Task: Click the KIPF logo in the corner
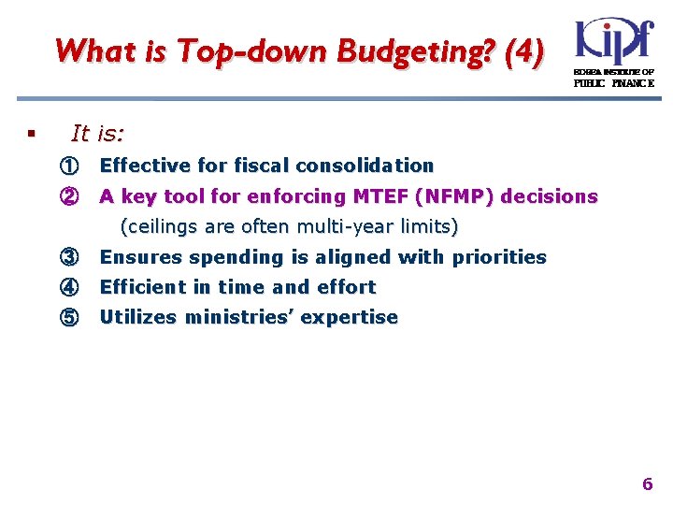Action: click(x=614, y=41)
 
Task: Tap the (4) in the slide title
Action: click(x=522, y=51)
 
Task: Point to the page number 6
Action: click(x=647, y=484)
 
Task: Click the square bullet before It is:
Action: click(x=32, y=136)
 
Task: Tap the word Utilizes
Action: click(x=138, y=317)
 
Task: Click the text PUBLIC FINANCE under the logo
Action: click(x=613, y=83)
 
